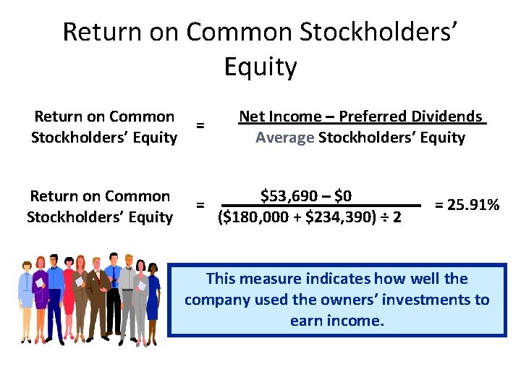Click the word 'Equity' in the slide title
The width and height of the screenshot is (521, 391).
point(260,67)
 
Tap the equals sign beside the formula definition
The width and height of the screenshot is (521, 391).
point(200,126)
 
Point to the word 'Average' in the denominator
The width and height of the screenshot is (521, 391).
point(284,138)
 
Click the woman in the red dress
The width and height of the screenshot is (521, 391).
point(71,297)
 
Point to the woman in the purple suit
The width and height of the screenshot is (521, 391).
point(41,297)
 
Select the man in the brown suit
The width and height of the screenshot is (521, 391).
point(99,297)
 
